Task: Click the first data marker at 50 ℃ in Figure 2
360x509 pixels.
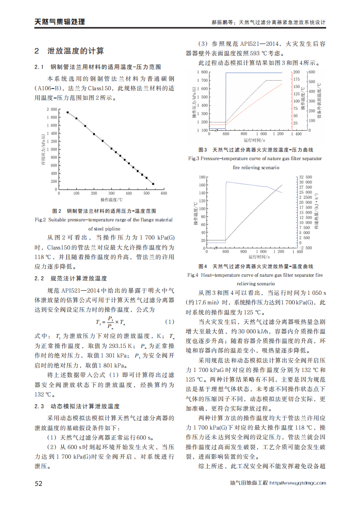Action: (x=68, y=113)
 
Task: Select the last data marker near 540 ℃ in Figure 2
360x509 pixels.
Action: (x=153, y=184)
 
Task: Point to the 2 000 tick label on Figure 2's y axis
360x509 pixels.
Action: (x=51, y=109)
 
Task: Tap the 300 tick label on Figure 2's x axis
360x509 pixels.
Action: (x=112, y=194)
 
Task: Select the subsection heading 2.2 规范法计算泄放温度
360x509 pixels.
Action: (x=71, y=278)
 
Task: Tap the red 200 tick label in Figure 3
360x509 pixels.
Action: (x=296, y=72)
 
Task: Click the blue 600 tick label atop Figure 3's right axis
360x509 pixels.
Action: (x=311, y=72)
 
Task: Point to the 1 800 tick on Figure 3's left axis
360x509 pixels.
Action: (x=202, y=72)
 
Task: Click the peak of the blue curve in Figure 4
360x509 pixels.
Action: (x=227, y=182)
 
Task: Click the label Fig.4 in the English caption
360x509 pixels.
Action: (x=193, y=275)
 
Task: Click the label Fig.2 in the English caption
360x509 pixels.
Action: (x=41, y=220)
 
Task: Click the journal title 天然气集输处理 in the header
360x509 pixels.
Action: (x=60, y=21)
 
